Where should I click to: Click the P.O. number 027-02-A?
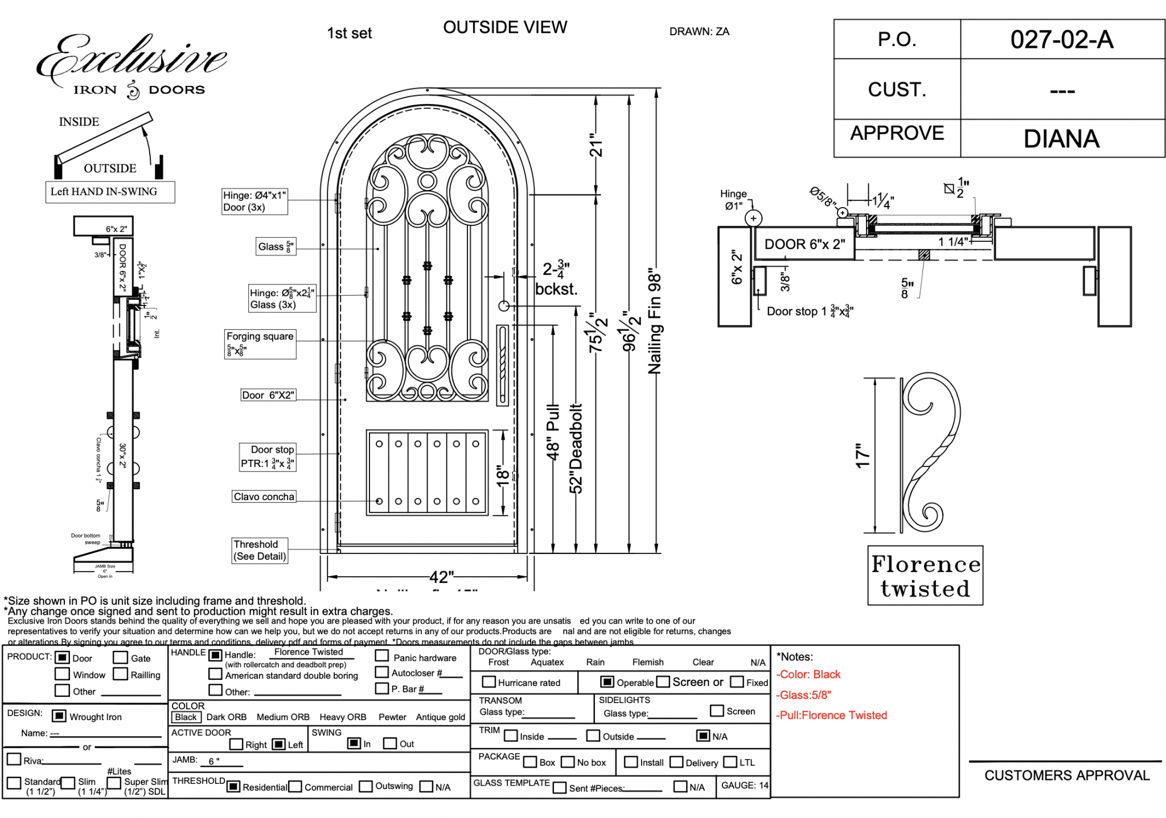[1061, 40]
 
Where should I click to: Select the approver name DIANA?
[1061, 139]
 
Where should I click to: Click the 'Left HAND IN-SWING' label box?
[110, 192]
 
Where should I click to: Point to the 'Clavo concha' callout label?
[264, 497]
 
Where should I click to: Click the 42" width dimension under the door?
[441, 577]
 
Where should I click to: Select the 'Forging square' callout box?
[260, 344]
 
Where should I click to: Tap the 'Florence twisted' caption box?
[925, 576]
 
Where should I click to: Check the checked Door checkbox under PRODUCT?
[62, 658]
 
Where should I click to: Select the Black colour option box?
[186, 717]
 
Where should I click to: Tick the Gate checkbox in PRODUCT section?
[120, 658]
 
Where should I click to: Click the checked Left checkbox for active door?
[278, 744]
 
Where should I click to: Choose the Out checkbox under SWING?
[390, 743]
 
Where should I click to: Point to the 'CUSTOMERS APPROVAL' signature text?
[1066, 775]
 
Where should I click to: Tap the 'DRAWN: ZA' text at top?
[699, 32]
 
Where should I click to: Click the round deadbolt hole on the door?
[504, 306]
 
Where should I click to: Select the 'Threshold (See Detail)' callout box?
[260, 550]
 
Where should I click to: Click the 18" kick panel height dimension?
[502, 474]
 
